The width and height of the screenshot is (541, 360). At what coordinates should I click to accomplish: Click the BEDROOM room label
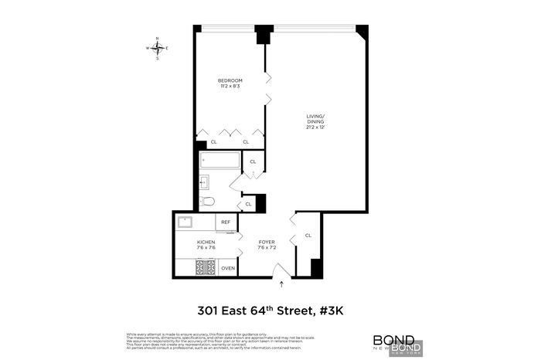[x=230, y=81]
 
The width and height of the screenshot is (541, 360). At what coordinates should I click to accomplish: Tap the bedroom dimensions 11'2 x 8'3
[x=230, y=87]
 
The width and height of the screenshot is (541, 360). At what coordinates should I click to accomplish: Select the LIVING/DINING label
[x=315, y=120]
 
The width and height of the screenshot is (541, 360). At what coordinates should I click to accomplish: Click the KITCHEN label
[x=206, y=242]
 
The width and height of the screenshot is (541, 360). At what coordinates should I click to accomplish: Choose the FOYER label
[x=267, y=242]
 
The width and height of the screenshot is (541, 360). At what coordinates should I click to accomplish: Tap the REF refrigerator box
[x=226, y=222]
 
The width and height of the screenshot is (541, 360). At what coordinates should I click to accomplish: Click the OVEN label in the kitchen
[x=227, y=268]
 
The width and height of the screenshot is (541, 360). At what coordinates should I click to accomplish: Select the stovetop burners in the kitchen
[x=206, y=268]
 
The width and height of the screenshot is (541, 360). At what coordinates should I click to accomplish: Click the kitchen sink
[x=185, y=222]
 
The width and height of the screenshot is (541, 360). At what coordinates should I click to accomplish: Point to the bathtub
[x=219, y=161]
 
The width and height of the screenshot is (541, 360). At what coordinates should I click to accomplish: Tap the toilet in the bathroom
[x=206, y=201]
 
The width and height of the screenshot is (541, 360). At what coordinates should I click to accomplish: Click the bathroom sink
[x=204, y=182]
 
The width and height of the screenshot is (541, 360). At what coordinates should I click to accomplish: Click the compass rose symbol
[x=158, y=48]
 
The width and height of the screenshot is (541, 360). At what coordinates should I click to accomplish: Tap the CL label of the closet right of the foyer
[x=308, y=235]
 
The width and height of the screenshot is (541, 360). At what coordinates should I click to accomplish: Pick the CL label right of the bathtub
[x=253, y=162]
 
